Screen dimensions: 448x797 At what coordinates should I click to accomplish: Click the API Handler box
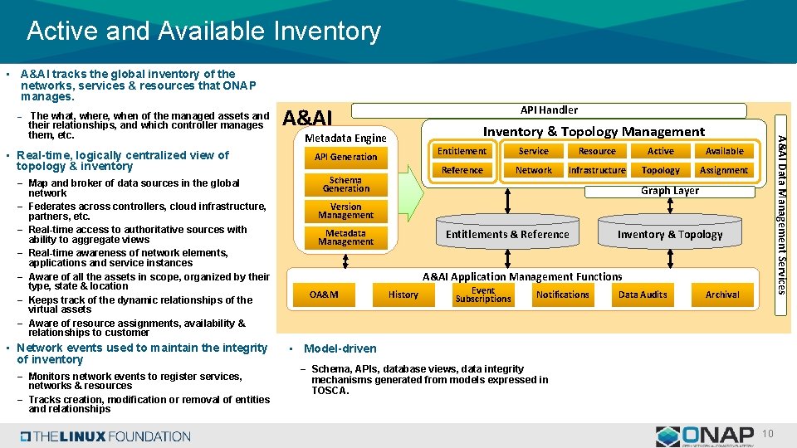pyautogui.click(x=549, y=110)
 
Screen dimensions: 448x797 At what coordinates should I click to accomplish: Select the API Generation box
pyautogui.click(x=345, y=157)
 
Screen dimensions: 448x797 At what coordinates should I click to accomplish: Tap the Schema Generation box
pyautogui.click(x=345, y=184)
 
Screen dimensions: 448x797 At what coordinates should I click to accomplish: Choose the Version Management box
pyautogui.click(x=345, y=211)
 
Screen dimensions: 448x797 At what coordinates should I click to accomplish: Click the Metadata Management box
pyautogui.click(x=345, y=237)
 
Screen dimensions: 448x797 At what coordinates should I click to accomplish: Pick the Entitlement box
pyautogui.click(x=462, y=151)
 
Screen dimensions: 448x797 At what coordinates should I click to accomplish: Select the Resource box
pyautogui.click(x=597, y=151)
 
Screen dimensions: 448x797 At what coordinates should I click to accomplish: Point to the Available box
pyautogui.click(x=724, y=151)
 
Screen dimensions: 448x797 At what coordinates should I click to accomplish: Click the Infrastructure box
pyautogui.click(x=597, y=170)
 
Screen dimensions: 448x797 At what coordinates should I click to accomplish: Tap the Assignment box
pyautogui.click(x=724, y=170)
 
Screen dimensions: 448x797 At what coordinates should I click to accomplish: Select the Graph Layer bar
pyautogui.click(x=669, y=191)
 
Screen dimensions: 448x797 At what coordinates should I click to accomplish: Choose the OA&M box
pyautogui.click(x=324, y=295)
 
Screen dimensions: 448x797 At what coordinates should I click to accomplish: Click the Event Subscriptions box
pyautogui.click(x=482, y=295)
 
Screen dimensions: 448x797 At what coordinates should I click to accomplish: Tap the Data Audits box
pyautogui.click(x=643, y=295)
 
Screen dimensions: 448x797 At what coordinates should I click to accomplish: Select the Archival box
pyautogui.click(x=722, y=295)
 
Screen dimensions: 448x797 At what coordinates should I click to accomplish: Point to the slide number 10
pyautogui.click(x=768, y=435)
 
